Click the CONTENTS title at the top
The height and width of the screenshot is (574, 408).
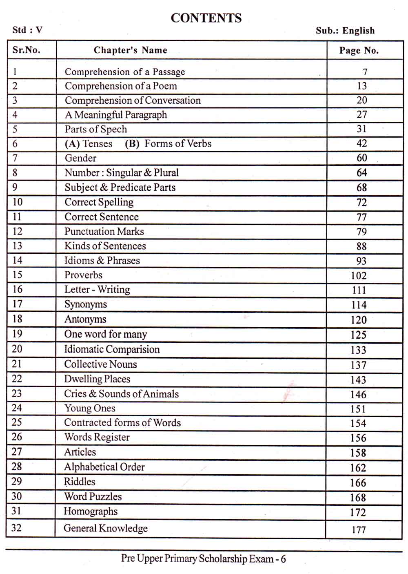[x=206, y=18]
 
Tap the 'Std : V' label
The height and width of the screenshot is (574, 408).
[x=27, y=30]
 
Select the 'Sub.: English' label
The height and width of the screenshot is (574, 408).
[x=345, y=31]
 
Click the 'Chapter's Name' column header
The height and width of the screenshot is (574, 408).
[x=130, y=50]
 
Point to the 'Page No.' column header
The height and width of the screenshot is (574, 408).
[x=359, y=51]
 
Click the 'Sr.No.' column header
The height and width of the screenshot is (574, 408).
[x=27, y=50]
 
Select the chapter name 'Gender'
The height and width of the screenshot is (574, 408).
[x=80, y=158]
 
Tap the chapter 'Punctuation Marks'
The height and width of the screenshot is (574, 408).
[x=104, y=232]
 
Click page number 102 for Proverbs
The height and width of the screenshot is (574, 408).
[x=359, y=276]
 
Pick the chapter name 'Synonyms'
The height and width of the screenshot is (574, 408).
[x=86, y=304]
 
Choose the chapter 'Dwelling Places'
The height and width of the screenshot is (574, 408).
[x=97, y=379]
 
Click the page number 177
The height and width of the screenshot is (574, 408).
[x=359, y=530]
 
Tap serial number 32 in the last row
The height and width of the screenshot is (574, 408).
[x=16, y=528]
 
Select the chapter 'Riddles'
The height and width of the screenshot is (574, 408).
[x=80, y=482]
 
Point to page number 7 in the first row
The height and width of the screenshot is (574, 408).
[x=365, y=72]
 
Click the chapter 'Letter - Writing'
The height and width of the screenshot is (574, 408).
[x=97, y=290]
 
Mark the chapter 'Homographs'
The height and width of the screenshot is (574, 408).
[x=91, y=511]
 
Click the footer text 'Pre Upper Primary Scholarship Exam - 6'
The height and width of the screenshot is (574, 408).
[x=203, y=559]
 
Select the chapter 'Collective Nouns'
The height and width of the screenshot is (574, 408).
[x=100, y=364]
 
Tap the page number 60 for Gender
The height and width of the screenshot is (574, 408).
[x=361, y=158]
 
